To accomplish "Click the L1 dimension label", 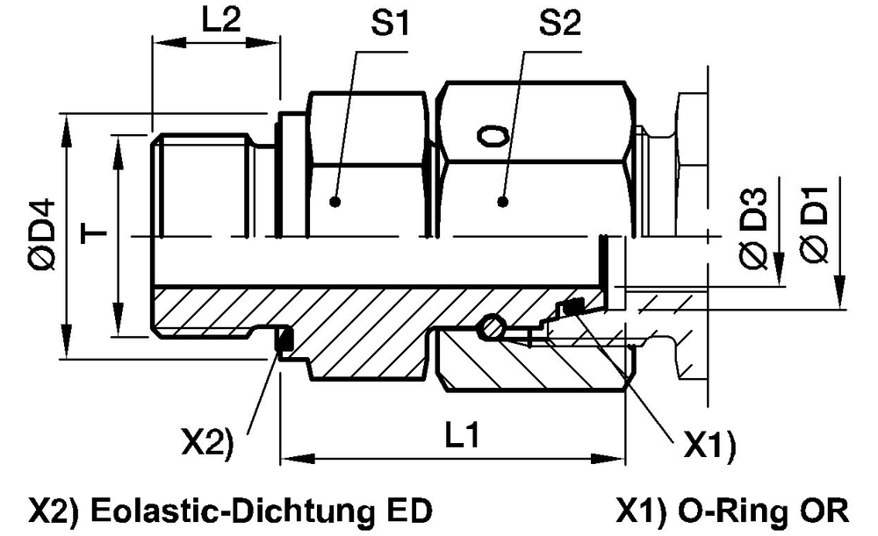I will (x=459, y=436).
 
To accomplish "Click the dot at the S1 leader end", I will (x=335, y=202).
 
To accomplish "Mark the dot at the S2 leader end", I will (x=502, y=202).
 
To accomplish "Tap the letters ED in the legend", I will (x=412, y=510).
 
